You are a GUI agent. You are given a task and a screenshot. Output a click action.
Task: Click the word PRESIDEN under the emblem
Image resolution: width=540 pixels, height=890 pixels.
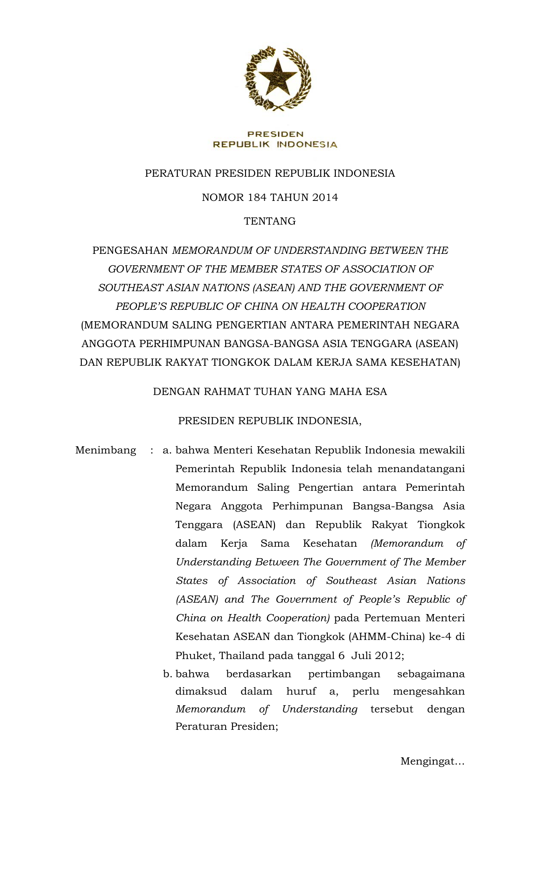(275, 134)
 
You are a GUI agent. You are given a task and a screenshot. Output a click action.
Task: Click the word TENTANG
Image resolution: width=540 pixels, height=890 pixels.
(270, 221)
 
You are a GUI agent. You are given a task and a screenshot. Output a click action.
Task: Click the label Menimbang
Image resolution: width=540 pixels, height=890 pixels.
(105, 450)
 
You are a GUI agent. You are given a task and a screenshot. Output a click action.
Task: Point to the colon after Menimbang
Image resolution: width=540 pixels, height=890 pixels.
(151, 451)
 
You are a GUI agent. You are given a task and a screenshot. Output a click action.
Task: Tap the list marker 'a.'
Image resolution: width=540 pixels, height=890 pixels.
(166, 451)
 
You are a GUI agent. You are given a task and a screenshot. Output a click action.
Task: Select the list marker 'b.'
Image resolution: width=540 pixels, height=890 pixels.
(167, 674)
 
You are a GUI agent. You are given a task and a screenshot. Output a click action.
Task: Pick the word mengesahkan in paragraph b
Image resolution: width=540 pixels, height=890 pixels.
(429, 692)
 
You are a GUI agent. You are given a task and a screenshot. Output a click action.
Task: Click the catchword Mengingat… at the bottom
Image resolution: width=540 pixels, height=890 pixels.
(432, 762)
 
